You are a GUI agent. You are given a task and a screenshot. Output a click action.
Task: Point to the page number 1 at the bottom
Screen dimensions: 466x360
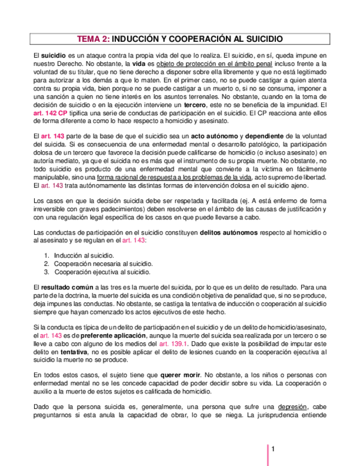click(x=272, y=450)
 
